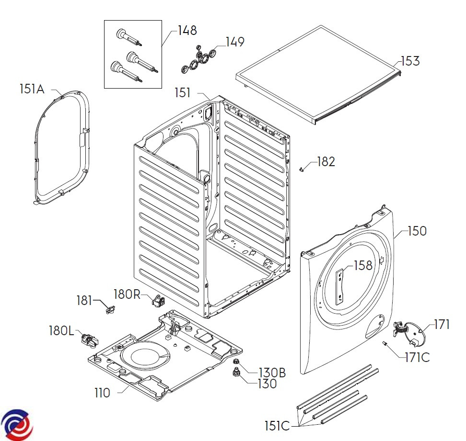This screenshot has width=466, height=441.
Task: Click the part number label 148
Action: [x=187, y=31]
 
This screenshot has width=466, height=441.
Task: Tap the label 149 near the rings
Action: [x=234, y=42]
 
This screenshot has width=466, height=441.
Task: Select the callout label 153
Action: [x=410, y=61]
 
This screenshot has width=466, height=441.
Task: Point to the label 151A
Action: [x=32, y=89]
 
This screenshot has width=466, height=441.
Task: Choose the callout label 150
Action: [x=417, y=231]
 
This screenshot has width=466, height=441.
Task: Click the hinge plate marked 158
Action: [x=340, y=286]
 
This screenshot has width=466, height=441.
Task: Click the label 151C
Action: [x=277, y=425]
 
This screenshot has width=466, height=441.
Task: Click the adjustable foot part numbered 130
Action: [x=236, y=373]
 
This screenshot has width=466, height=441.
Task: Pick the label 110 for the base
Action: [x=102, y=393]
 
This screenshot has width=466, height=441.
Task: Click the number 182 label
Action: [x=326, y=162]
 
